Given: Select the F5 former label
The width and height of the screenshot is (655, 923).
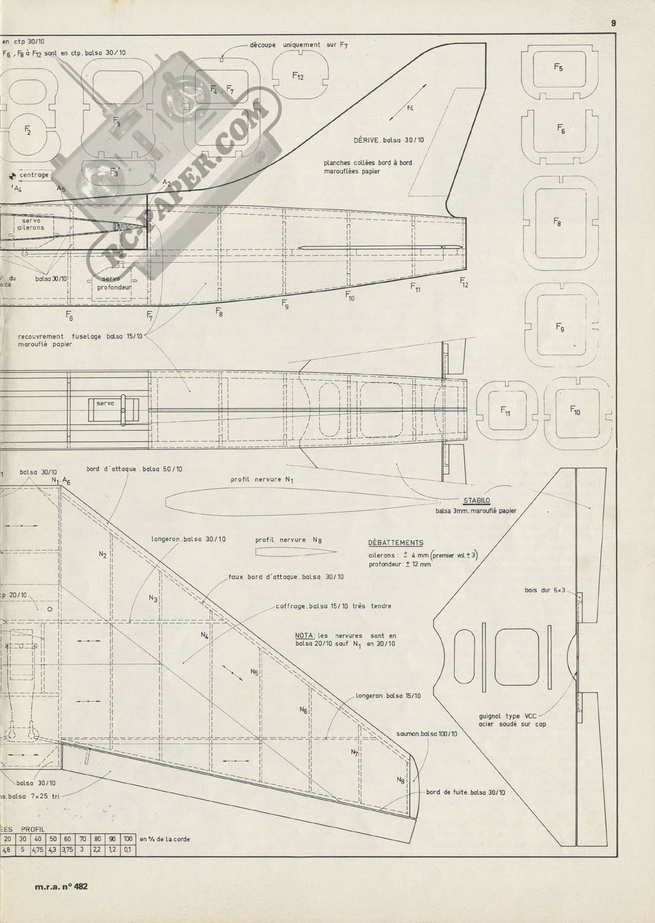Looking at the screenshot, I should point(558,68).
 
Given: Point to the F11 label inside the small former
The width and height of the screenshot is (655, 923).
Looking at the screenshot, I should point(505,412).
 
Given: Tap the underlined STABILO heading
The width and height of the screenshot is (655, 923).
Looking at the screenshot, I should point(476,500).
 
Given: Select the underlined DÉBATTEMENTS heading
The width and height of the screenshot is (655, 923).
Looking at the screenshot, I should point(395,543).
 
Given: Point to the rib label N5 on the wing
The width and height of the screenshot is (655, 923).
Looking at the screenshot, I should point(254,672).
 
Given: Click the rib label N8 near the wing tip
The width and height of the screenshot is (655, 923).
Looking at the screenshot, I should point(400,780).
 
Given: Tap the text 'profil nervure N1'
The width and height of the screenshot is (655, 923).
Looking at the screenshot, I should point(262,480).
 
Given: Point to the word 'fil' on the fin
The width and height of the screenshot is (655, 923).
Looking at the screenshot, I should point(409,108).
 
